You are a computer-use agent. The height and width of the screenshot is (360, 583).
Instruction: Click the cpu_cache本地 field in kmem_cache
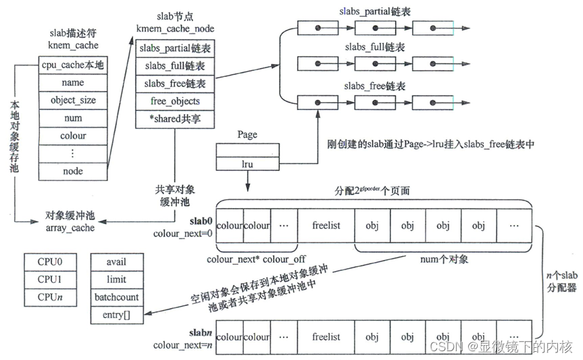point(73,66)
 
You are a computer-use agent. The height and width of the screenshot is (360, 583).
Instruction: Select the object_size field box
point(73,101)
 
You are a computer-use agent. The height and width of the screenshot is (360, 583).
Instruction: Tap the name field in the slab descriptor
point(73,83)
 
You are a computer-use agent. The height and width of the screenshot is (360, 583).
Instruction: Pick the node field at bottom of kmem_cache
point(73,171)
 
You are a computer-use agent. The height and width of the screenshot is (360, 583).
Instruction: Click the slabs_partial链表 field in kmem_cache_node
point(175,49)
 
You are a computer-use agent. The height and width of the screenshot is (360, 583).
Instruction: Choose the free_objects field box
point(175,101)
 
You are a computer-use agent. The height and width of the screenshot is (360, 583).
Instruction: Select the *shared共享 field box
point(175,119)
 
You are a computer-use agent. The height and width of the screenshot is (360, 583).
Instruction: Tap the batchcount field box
point(122,297)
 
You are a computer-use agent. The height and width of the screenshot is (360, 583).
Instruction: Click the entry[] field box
point(122,315)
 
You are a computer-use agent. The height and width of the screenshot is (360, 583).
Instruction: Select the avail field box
point(122,261)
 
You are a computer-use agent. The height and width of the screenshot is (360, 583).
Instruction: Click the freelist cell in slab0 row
point(326,226)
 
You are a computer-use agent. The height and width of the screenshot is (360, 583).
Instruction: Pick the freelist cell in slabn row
point(326,336)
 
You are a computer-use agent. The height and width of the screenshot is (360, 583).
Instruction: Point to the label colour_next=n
point(182,345)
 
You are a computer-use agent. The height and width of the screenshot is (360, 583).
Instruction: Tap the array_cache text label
point(70,228)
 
